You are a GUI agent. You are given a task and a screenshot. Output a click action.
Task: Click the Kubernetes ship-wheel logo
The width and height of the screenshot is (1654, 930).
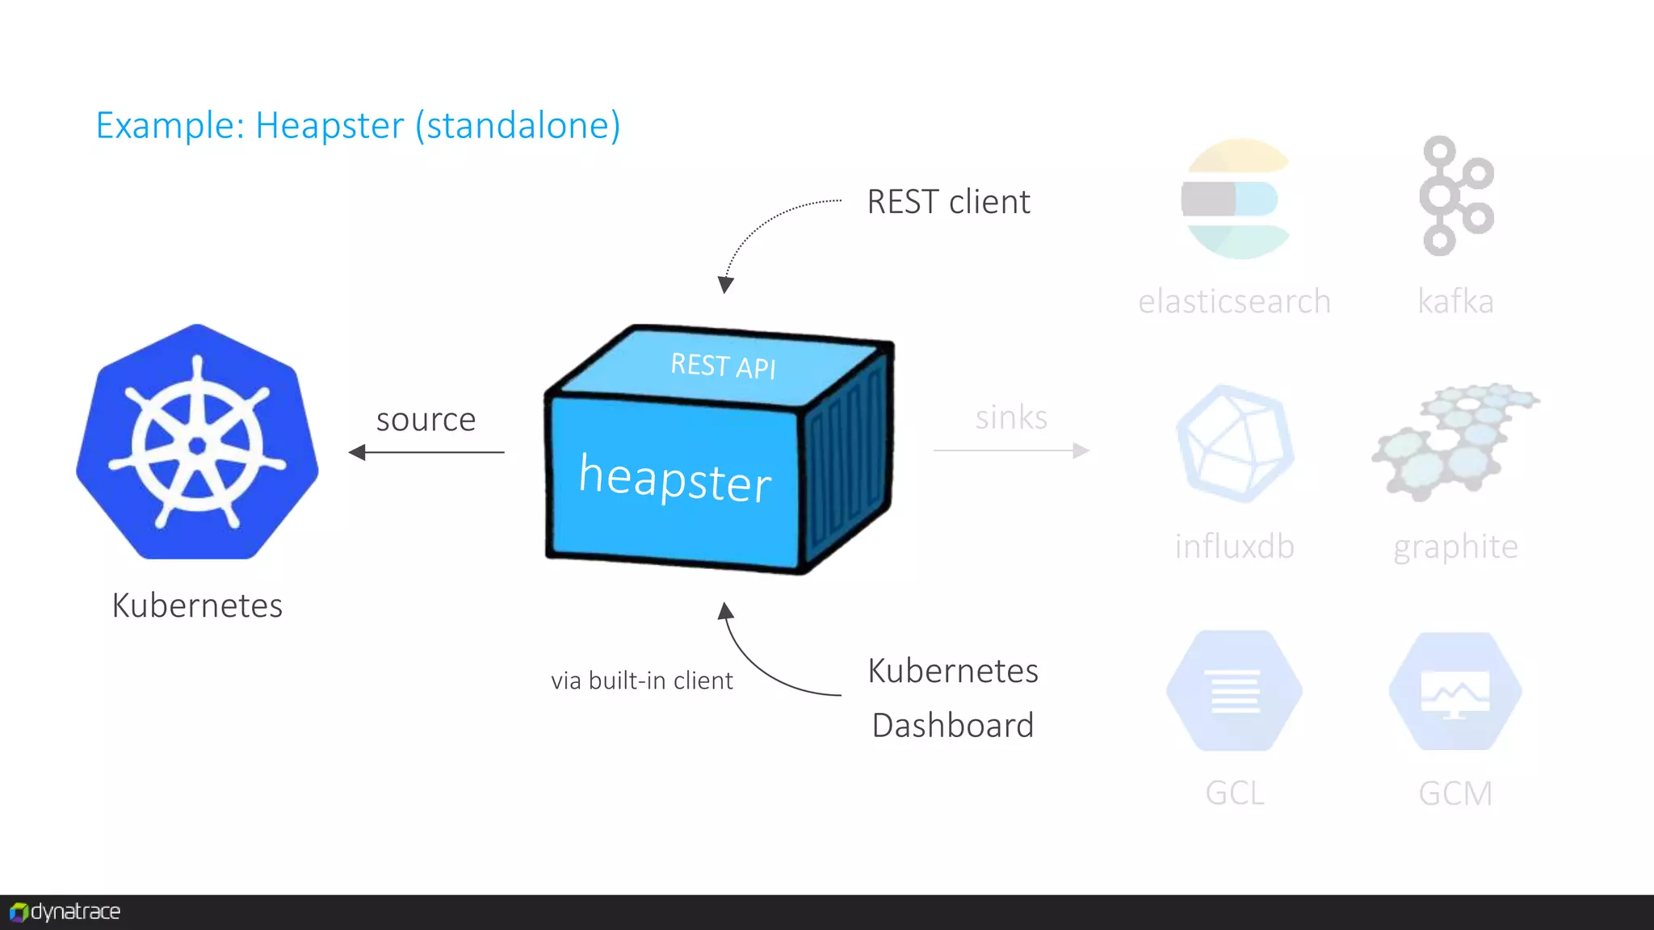(x=197, y=442)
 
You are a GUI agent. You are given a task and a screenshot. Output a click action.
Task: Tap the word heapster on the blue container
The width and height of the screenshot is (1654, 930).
(x=675, y=478)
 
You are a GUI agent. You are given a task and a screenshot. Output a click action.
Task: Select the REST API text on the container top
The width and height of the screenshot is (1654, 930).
(x=723, y=366)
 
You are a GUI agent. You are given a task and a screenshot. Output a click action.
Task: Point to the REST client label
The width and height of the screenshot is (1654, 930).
(x=948, y=202)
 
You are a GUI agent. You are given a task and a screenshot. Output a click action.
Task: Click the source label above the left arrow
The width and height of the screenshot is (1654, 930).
(x=426, y=420)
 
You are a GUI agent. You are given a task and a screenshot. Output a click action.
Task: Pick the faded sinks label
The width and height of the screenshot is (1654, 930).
(x=1011, y=417)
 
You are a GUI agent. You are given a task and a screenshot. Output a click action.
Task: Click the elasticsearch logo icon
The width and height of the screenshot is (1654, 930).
(x=1234, y=199)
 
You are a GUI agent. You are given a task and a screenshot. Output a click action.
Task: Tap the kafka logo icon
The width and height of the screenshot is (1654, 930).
(x=1455, y=196)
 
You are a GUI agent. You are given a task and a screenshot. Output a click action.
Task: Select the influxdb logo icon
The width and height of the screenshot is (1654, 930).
(x=1234, y=444)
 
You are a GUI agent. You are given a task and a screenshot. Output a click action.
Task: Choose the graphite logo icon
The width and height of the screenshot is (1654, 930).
(x=1455, y=441)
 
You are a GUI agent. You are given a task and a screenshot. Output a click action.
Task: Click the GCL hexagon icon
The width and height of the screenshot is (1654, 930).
(x=1234, y=691)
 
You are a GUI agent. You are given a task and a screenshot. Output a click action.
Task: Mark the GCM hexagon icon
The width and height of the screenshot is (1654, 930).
(x=1455, y=691)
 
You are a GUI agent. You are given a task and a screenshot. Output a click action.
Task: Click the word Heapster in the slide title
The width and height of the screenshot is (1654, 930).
(x=330, y=126)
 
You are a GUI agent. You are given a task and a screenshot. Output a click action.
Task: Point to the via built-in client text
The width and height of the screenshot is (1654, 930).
(x=641, y=681)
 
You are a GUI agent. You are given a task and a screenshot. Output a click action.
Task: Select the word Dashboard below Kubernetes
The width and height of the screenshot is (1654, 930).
(x=953, y=725)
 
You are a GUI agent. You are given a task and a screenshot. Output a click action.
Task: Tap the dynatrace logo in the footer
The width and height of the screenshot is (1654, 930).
(x=65, y=912)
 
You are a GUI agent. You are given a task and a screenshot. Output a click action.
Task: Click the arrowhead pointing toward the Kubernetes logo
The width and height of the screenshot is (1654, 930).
(x=357, y=452)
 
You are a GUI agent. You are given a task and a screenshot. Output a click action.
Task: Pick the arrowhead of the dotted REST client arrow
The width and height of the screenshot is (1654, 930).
(x=725, y=285)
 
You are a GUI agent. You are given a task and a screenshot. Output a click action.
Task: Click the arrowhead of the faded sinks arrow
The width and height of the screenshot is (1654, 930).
(x=1081, y=450)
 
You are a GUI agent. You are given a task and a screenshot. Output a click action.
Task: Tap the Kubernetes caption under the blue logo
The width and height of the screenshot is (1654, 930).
(x=197, y=605)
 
